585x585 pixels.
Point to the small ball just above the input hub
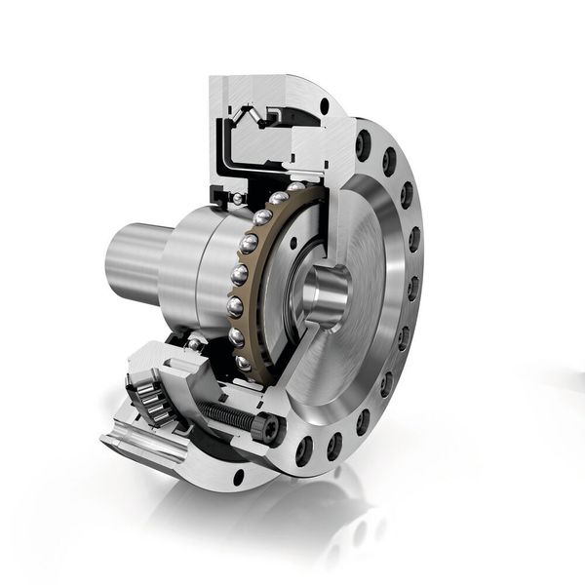point(238,199)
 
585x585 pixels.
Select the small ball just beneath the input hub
point(194,344)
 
